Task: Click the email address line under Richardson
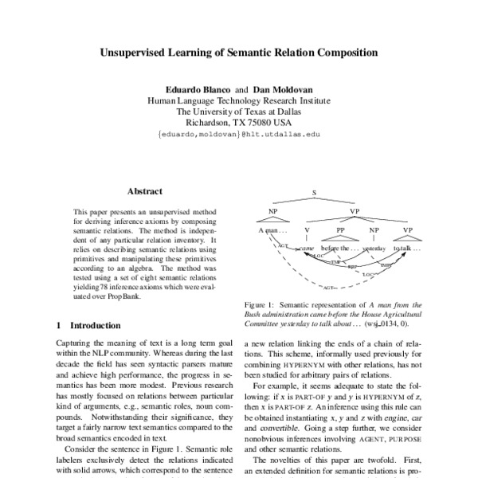pos(238,136)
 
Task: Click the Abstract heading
pos(144,191)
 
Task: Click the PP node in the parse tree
pos(340,230)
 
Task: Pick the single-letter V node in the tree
pos(306,230)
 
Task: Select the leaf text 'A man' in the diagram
pos(272,230)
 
